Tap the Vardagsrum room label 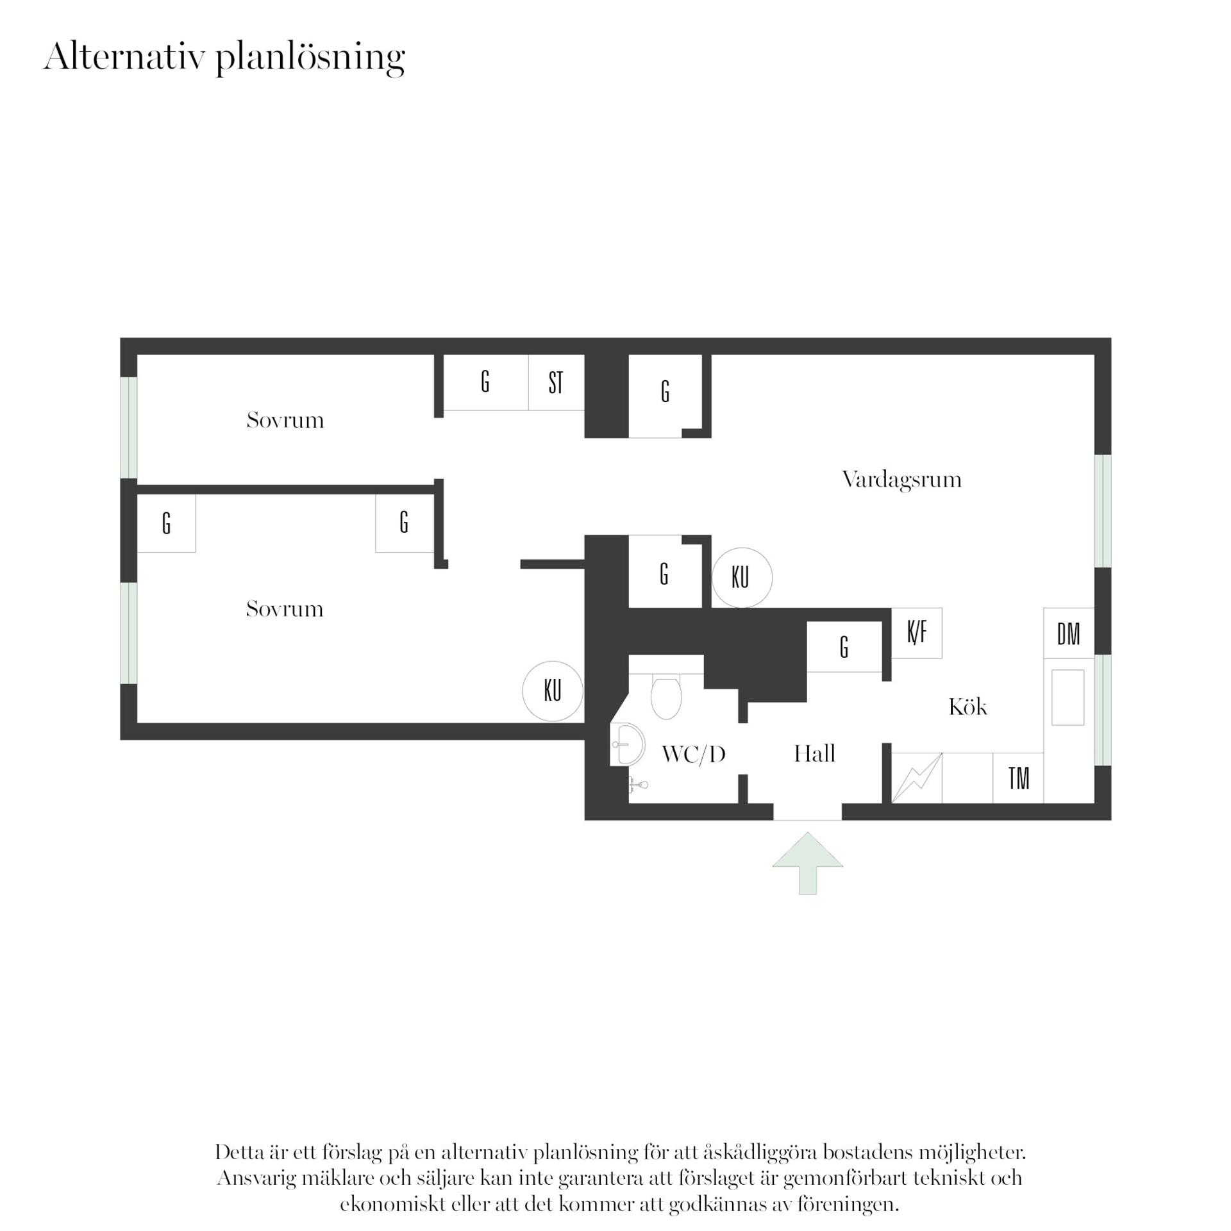901,480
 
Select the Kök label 967,707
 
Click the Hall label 814,753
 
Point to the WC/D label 693,755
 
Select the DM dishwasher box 1068,633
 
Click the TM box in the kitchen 1018,778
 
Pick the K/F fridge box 917,633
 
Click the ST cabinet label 556,383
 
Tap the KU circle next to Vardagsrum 742,578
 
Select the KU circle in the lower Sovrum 553,691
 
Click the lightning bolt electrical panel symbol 917,778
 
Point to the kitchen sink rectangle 1068,698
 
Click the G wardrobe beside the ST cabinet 486,382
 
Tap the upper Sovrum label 285,421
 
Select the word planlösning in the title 310,58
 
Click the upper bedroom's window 129,428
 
